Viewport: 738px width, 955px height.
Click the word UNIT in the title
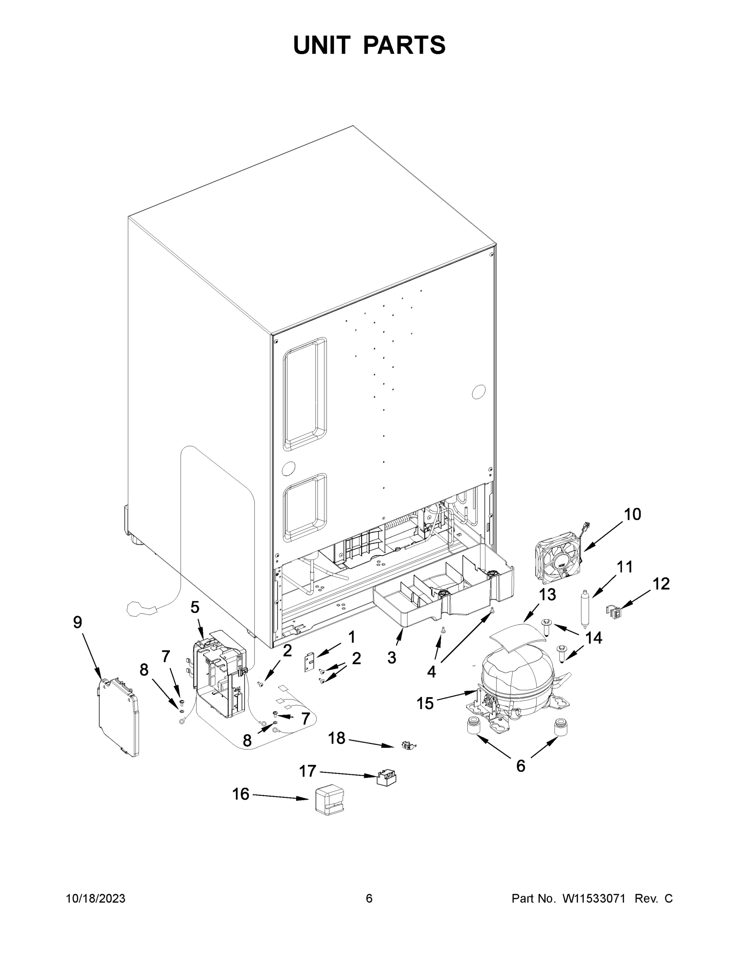(322, 45)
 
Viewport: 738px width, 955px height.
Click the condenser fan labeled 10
(559, 558)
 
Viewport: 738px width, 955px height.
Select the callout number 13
(547, 595)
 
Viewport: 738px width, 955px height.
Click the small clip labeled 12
(614, 612)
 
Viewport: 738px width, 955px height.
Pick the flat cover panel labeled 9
(118, 717)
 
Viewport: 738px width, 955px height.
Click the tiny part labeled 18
(408, 746)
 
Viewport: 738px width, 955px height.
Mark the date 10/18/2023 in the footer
(95, 899)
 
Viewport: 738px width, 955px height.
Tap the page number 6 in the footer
(369, 899)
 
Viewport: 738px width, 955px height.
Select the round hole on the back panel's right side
(479, 392)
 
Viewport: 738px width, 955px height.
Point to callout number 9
(78, 622)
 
